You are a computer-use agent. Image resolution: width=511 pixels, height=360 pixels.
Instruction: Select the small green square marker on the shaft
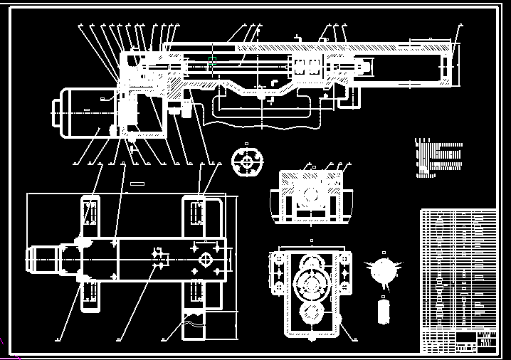[x=212, y=59]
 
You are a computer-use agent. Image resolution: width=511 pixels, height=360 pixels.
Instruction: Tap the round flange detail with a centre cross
[x=247, y=162]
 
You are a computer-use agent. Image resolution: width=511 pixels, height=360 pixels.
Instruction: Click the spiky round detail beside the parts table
[x=384, y=271]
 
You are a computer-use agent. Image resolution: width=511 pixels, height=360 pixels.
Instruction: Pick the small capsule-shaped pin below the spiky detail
[x=384, y=310]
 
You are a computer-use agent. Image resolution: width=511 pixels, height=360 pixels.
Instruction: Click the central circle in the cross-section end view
[x=310, y=194]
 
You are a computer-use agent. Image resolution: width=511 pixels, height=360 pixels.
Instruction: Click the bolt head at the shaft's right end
[x=365, y=68]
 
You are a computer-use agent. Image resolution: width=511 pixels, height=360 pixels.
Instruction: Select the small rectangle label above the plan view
[x=137, y=184]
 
